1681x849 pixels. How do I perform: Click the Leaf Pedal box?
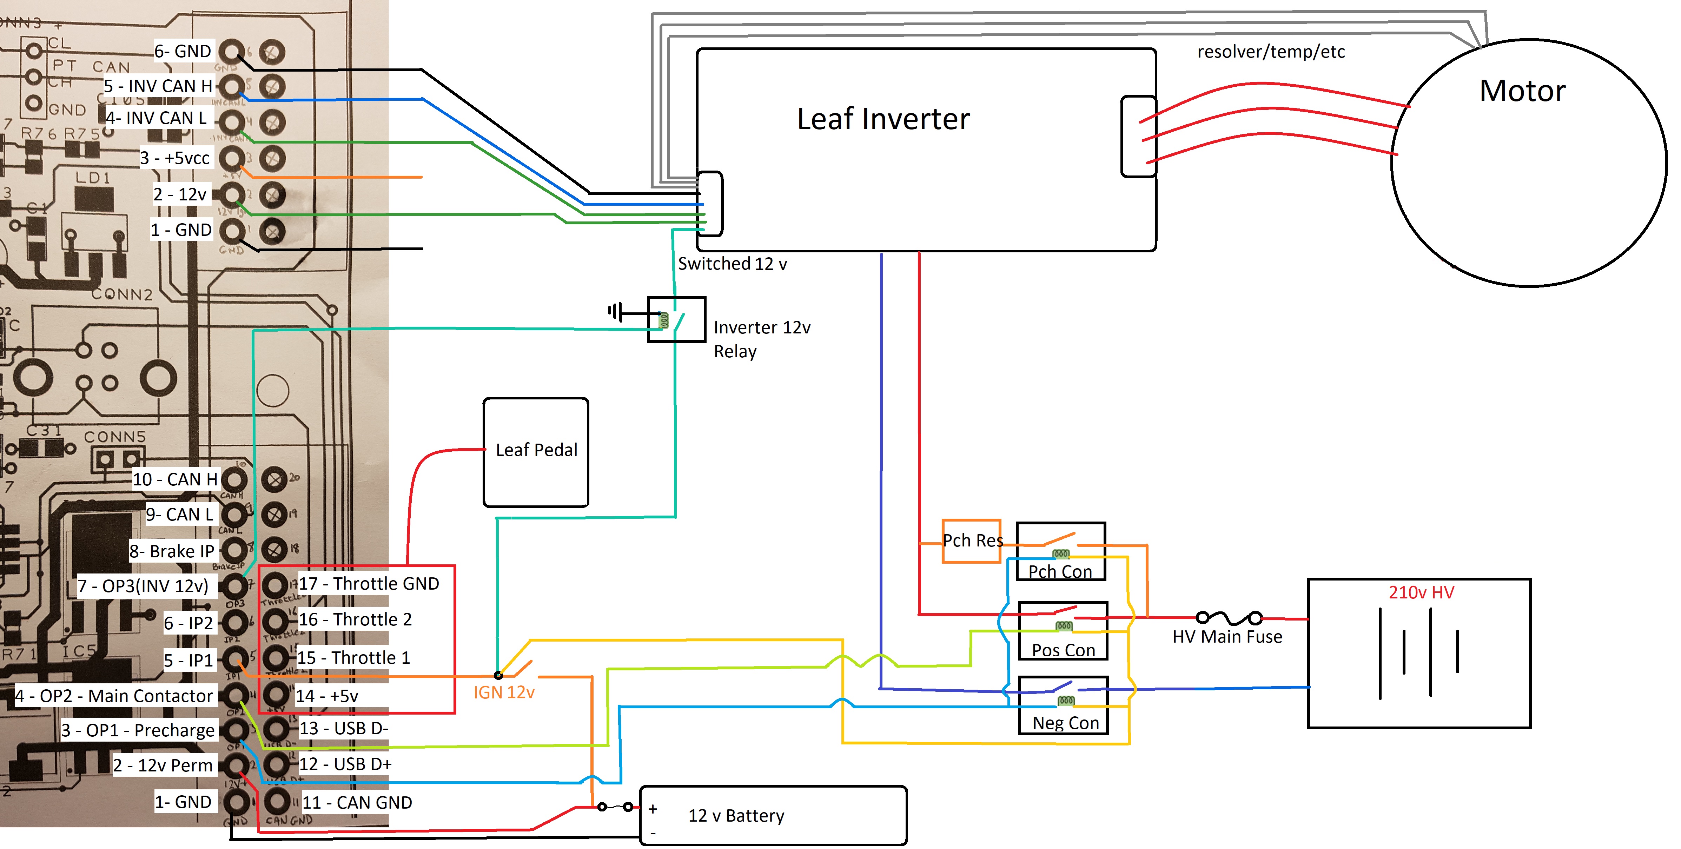[x=536, y=452]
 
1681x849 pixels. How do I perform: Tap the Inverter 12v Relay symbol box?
[x=676, y=319]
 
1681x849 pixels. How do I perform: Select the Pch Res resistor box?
[x=971, y=540]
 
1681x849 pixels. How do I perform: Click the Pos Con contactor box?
[x=1063, y=631]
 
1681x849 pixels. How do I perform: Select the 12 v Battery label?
[x=736, y=816]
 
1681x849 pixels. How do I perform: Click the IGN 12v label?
[x=504, y=692]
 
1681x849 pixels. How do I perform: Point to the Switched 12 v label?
[x=732, y=264]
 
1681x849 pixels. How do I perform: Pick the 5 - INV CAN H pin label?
[x=159, y=86]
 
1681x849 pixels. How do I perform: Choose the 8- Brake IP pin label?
[x=172, y=551]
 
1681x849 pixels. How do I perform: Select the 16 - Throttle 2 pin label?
[x=355, y=619]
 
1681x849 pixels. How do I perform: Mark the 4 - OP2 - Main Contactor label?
[x=114, y=696]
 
